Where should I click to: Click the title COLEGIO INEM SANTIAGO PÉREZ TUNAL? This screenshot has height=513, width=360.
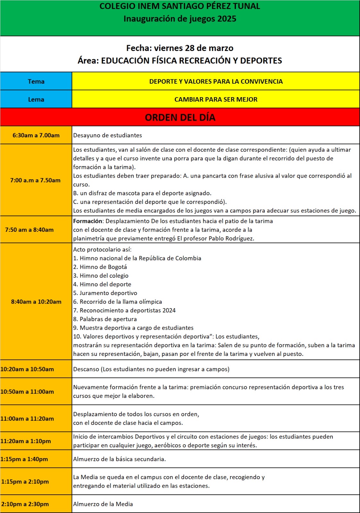click(180, 6)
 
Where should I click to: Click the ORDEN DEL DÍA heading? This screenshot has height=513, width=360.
click(180, 117)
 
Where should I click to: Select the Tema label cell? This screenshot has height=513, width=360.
click(36, 81)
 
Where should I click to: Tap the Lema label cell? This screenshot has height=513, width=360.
click(36, 99)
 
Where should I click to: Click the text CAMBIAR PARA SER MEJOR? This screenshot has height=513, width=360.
click(216, 99)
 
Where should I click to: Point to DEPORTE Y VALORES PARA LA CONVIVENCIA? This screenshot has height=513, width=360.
click(216, 81)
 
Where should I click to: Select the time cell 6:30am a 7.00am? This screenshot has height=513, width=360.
click(36, 135)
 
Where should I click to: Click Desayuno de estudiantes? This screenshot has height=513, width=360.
click(107, 135)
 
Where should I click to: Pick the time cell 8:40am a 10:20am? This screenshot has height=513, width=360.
click(36, 302)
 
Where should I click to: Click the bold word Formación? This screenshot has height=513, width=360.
click(88, 221)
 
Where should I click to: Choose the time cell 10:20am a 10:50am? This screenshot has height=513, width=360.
click(27, 369)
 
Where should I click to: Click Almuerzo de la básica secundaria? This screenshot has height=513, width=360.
click(119, 459)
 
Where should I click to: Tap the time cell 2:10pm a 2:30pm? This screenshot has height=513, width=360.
click(25, 504)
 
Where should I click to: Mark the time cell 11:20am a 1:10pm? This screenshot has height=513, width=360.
click(26, 441)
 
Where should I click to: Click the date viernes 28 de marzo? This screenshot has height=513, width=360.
click(194, 48)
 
